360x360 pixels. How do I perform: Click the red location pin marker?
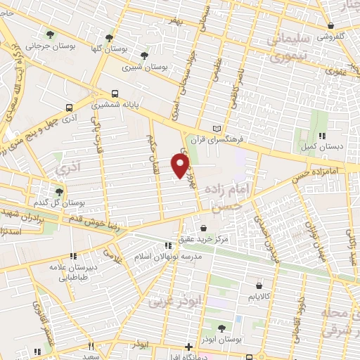pyautogui.click(x=181, y=164)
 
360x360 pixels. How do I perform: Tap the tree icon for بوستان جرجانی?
pyautogui.click(x=49, y=34)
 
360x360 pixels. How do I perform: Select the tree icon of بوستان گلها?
pyautogui.click(x=109, y=38)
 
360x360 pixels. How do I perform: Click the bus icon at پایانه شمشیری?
pyautogui.click(x=114, y=93)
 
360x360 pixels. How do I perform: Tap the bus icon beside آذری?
pyautogui.click(x=69, y=108)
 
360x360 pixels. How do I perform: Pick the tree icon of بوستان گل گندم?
pyautogui.click(x=59, y=191)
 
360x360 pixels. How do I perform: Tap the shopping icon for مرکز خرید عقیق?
pyautogui.click(x=203, y=229)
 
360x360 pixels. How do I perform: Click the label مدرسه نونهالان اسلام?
pyautogui.click(x=168, y=257)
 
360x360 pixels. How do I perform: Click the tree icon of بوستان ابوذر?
pyautogui.click(x=221, y=328)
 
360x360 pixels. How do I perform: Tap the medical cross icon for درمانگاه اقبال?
pyautogui.click(x=188, y=346)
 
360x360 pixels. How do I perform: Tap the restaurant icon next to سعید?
pyautogui.click(x=91, y=346)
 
